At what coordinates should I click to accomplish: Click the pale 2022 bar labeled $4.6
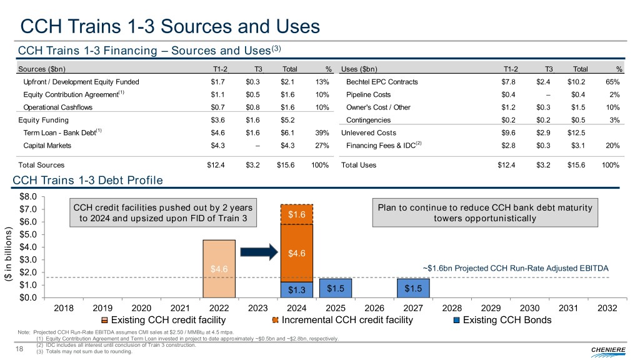point(219,269)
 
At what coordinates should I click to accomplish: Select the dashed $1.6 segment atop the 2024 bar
point(297,214)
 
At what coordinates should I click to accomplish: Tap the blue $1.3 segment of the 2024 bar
point(297,290)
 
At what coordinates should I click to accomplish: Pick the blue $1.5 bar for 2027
point(413,288)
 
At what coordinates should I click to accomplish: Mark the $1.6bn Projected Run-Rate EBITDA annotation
point(515,268)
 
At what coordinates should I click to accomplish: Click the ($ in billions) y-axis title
point(9,256)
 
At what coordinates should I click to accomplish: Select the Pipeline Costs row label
point(368,94)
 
